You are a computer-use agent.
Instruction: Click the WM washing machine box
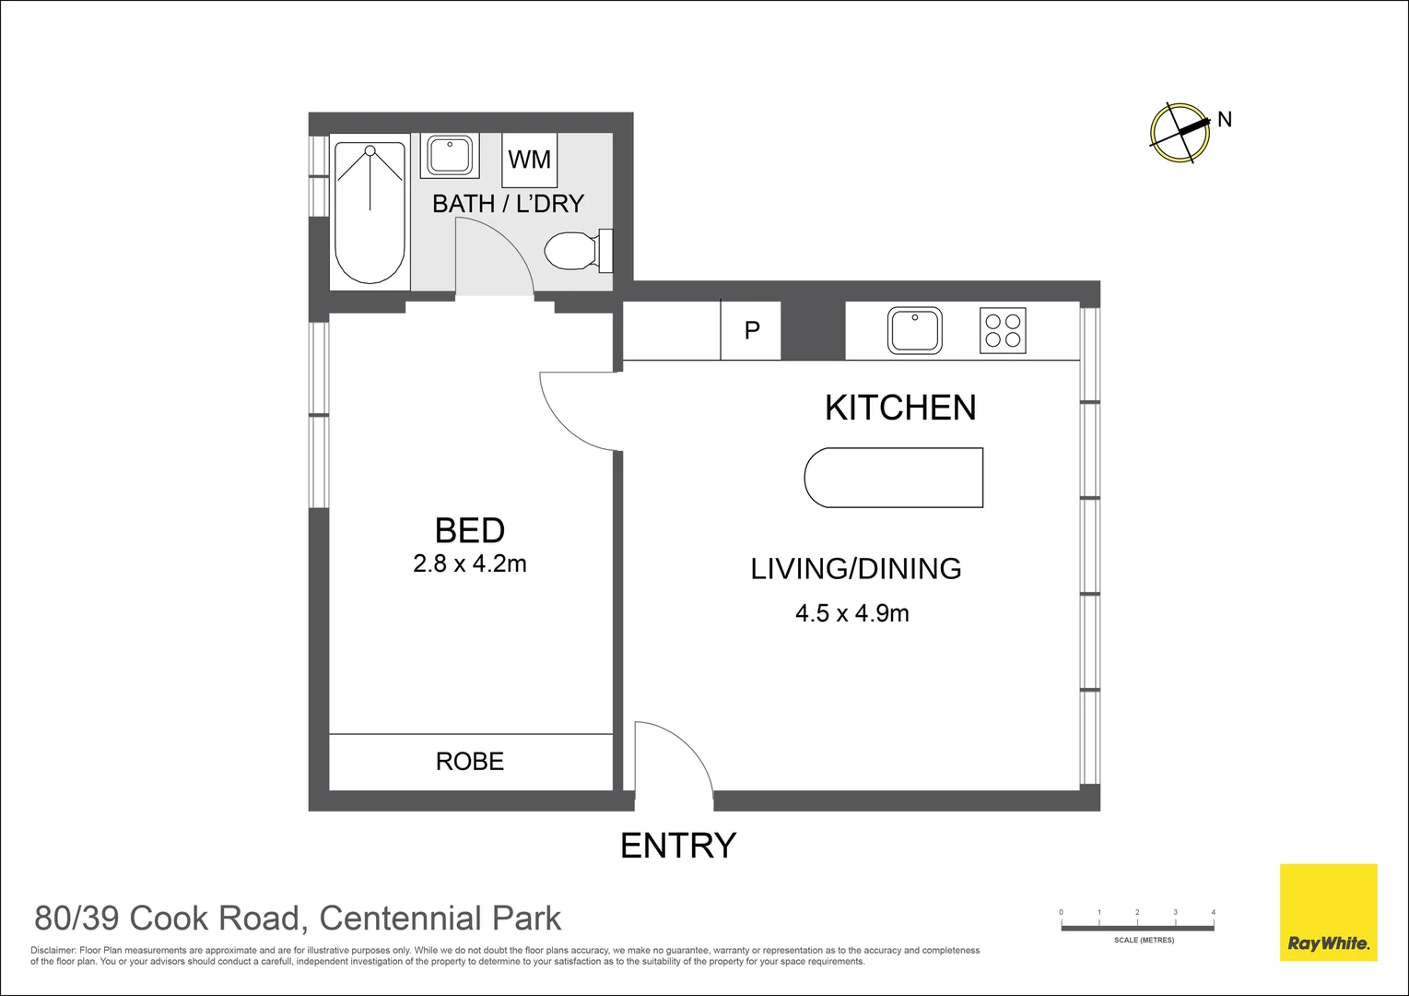[529, 160]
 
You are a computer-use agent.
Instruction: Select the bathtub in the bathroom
[370, 212]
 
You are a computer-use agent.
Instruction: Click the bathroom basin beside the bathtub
[450, 156]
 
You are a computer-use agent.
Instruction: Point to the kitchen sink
[914, 330]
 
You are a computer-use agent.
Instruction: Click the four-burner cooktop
[1003, 331]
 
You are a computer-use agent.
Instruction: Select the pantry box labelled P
[751, 330]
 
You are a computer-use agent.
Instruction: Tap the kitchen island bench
[894, 478]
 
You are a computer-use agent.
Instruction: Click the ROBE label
[470, 762]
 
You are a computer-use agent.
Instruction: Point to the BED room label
[470, 530]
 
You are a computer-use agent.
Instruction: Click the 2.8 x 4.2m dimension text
[470, 563]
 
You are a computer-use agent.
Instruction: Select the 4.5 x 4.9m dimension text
[852, 613]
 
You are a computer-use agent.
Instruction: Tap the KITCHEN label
[900, 408]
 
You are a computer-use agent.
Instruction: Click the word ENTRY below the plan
[678, 846]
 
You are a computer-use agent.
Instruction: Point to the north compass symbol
[1180, 133]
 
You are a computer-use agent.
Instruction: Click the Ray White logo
[1328, 912]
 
